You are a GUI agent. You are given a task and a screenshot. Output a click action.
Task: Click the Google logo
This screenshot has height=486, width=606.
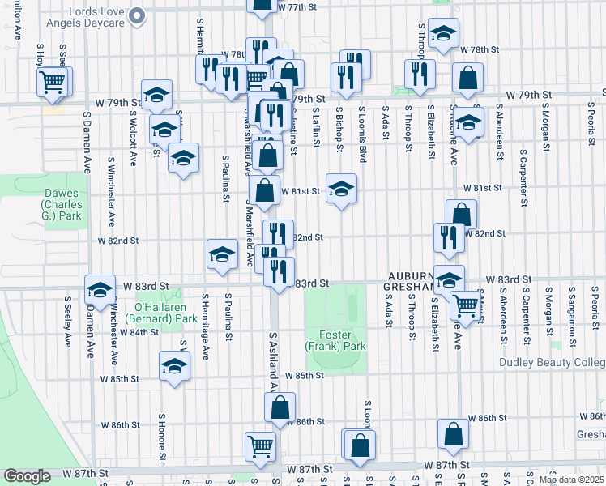coord(28,476)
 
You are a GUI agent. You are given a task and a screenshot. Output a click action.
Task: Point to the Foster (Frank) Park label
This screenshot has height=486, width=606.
coord(336,340)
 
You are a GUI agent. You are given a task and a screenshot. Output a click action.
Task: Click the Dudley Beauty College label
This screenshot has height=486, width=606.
coord(552,363)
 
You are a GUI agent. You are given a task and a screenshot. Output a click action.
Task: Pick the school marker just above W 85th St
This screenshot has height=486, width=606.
coord(174,366)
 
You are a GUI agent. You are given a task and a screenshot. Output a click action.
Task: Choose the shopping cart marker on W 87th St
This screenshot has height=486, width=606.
coord(260,446)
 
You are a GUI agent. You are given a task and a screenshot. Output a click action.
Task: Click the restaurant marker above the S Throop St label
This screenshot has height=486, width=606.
coord(420,74)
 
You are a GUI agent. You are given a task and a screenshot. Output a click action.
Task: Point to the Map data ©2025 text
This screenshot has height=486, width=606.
coord(571,480)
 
